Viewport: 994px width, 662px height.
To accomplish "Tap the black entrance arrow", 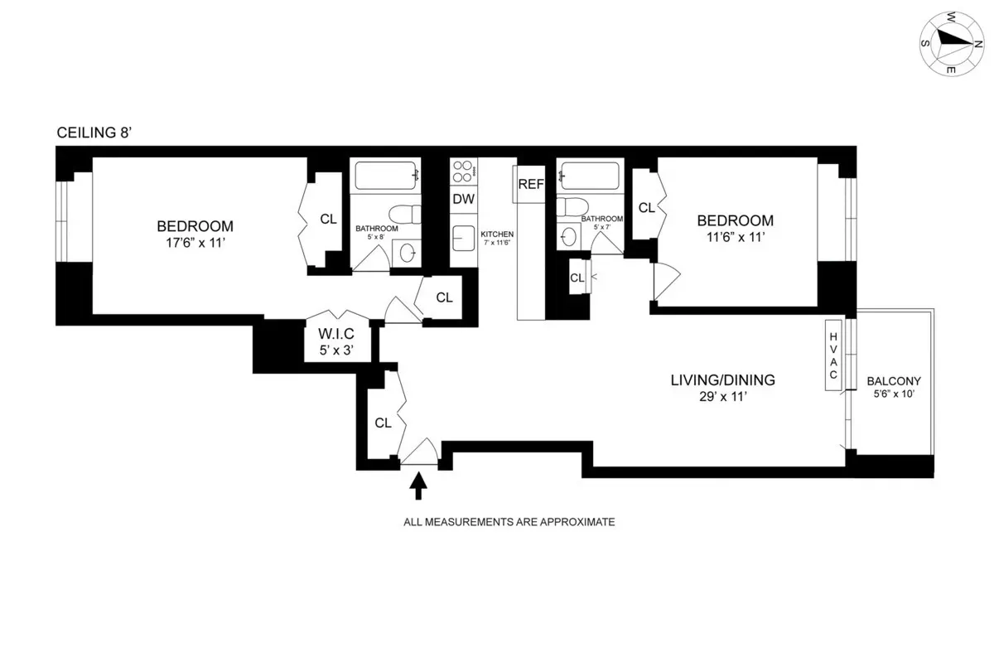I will click(x=418, y=485).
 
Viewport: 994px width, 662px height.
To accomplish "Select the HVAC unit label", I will click(x=833, y=353).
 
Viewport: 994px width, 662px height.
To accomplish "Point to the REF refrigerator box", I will click(x=529, y=183).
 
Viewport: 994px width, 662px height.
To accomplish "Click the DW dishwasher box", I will click(x=462, y=199).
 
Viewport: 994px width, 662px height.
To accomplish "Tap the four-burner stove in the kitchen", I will click(x=462, y=172).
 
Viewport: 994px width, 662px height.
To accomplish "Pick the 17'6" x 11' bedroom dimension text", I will click(x=195, y=244).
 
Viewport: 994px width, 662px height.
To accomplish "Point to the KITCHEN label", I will click(x=497, y=234).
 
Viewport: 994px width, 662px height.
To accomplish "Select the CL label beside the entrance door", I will click(x=382, y=423).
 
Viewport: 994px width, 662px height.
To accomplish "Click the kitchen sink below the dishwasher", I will click(x=461, y=239).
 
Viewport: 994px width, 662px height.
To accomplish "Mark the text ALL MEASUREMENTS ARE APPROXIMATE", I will click(x=508, y=523).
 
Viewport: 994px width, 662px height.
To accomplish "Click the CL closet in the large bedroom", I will click(x=328, y=220).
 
